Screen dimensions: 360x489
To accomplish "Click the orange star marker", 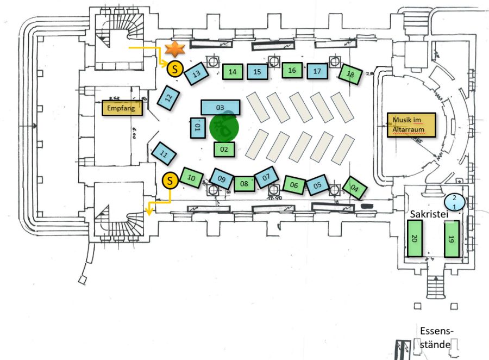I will point(175,49).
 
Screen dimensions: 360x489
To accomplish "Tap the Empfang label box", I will point(122,108).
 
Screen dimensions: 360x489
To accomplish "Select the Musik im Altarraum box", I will point(411,125).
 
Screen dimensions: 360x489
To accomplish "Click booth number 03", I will point(221,108).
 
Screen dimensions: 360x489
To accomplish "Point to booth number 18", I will point(350,75).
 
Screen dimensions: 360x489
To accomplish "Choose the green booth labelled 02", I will point(224,148).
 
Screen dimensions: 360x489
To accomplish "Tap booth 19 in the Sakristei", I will point(452,239).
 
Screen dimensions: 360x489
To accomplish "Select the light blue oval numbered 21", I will point(455,202).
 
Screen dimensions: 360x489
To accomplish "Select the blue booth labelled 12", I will point(168,98).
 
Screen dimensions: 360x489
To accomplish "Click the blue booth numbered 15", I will point(258,71).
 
